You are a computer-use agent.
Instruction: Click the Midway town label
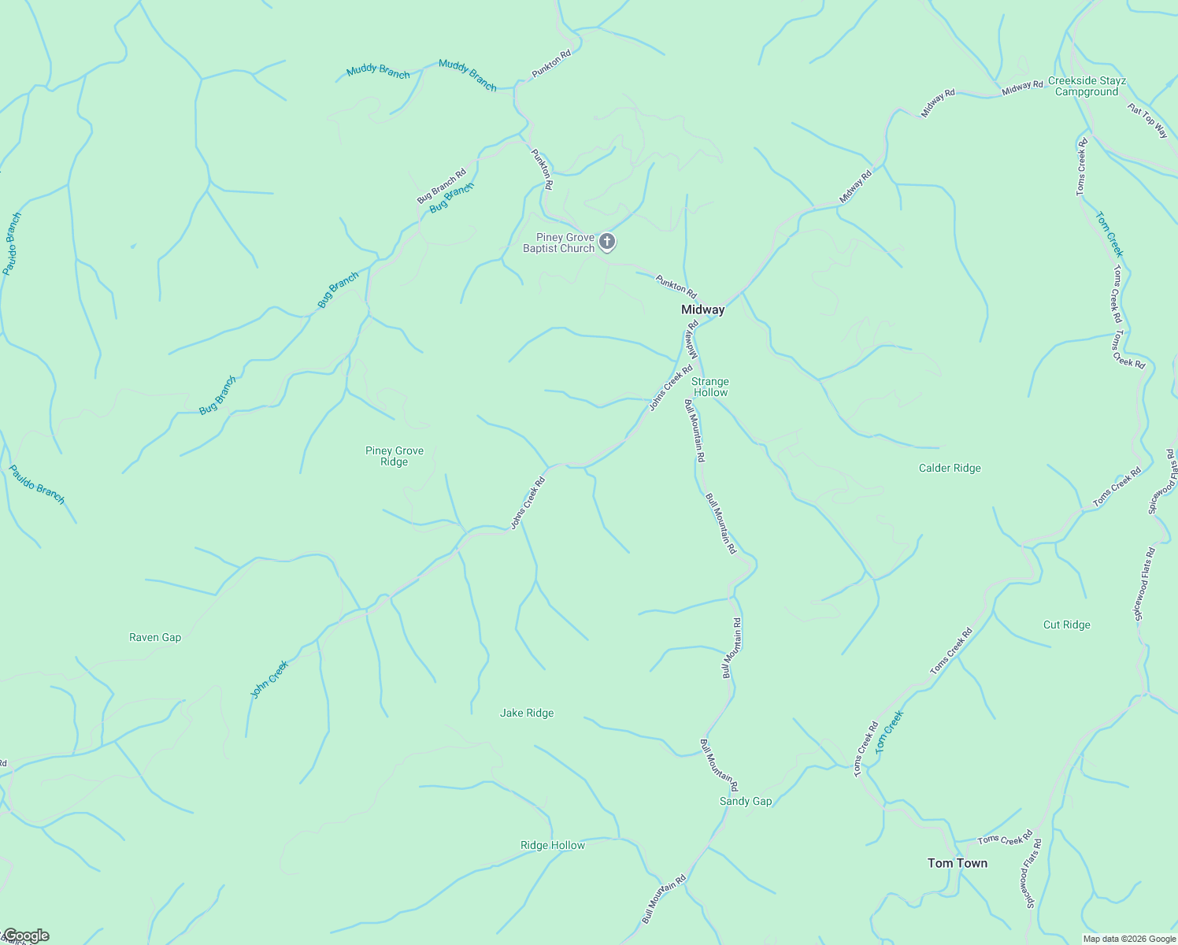pyautogui.click(x=702, y=309)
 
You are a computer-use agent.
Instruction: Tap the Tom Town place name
pyautogui.click(x=957, y=863)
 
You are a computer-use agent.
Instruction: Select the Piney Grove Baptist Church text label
pyautogui.click(x=559, y=243)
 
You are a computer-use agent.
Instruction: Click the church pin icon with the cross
pyautogui.click(x=607, y=241)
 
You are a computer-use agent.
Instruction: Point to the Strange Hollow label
pyautogui.click(x=710, y=387)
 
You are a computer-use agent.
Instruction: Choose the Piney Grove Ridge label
pyautogui.click(x=395, y=456)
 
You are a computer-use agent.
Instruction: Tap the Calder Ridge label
pyautogui.click(x=950, y=468)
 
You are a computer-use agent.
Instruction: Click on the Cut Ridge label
pyautogui.click(x=1066, y=624)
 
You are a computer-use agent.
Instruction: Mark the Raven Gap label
pyautogui.click(x=155, y=637)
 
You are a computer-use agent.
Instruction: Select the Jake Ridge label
pyautogui.click(x=527, y=713)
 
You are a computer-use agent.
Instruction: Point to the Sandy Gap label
pyautogui.click(x=746, y=801)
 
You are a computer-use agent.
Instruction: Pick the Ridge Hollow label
pyautogui.click(x=553, y=845)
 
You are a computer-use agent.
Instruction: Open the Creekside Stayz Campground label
pyautogui.click(x=1087, y=86)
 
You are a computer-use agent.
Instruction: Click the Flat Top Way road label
pyautogui.click(x=1147, y=120)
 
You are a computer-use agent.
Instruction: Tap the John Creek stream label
pyautogui.click(x=269, y=679)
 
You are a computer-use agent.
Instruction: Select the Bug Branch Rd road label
pyautogui.click(x=442, y=186)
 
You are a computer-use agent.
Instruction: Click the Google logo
pyautogui.click(x=25, y=936)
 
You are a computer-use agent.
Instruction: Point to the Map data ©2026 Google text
pyautogui.click(x=1128, y=939)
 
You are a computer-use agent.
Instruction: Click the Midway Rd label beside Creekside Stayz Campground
pyautogui.click(x=1022, y=87)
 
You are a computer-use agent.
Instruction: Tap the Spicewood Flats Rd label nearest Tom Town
pyautogui.click(x=1032, y=873)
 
